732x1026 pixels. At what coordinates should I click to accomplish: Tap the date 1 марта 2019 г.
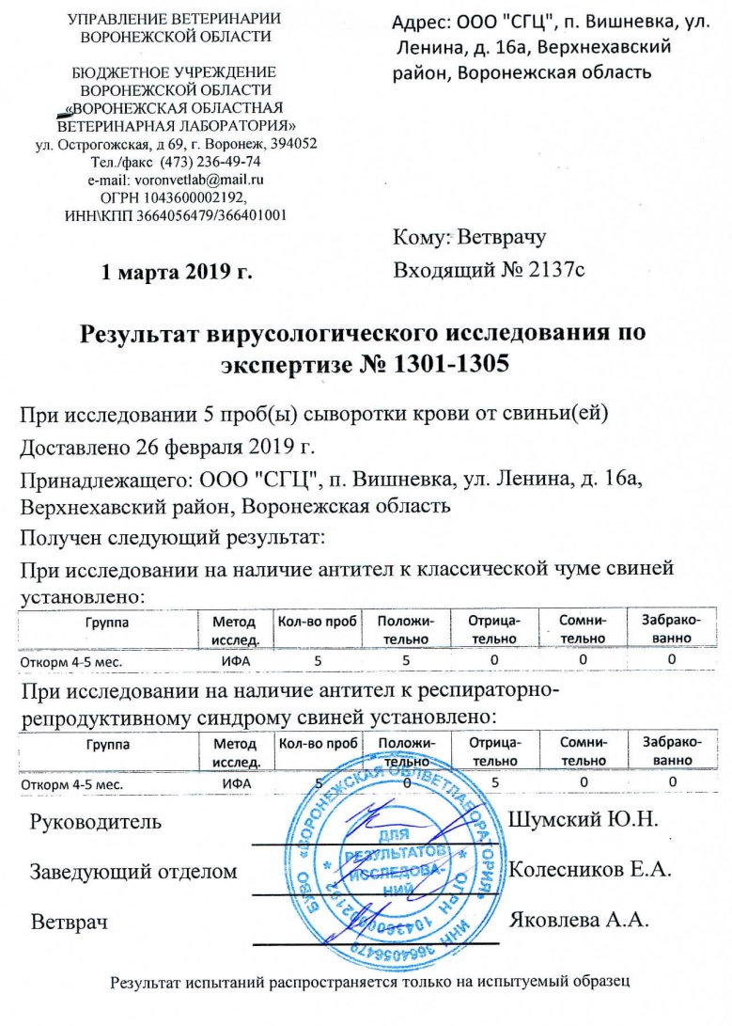(178, 273)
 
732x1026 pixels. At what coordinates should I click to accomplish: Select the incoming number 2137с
(554, 271)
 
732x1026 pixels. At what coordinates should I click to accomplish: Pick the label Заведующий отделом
(133, 871)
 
